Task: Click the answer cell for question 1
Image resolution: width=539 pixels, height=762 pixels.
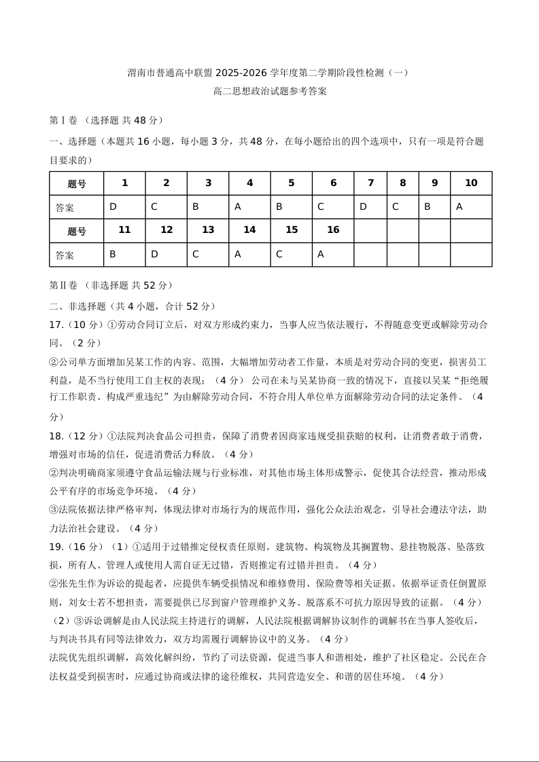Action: coord(124,207)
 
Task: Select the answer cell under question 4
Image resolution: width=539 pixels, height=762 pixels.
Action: coord(249,207)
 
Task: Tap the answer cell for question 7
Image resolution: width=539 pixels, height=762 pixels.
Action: coord(370,207)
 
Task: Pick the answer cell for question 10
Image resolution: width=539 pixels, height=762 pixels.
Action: coord(471,207)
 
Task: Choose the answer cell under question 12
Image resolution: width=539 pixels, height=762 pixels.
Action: coord(166,255)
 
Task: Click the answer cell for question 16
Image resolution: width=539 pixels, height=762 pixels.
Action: coord(333,255)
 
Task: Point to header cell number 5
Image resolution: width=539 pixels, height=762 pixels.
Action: coord(292,183)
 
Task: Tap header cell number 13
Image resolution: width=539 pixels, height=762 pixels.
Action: coord(208,230)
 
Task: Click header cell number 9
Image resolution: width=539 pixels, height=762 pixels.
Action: coord(434,183)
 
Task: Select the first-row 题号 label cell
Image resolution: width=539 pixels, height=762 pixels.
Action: coord(77,183)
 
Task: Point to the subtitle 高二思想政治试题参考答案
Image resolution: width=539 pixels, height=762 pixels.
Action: coord(269,91)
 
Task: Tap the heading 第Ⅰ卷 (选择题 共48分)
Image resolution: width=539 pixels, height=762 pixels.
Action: coord(106,120)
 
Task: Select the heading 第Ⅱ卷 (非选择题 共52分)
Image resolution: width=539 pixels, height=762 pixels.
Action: coord(111,285)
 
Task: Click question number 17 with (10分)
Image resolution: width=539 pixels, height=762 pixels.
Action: coord(75,325)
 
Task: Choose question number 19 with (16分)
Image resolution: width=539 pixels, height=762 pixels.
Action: coord(75,546)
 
